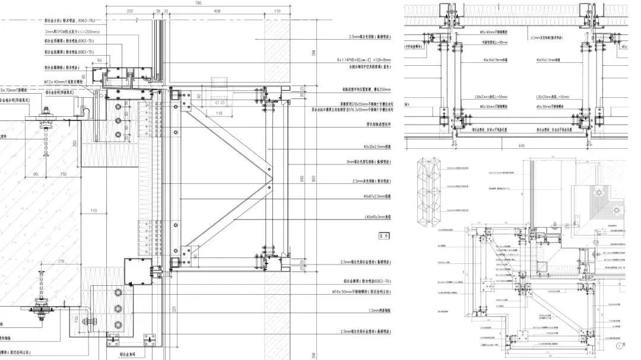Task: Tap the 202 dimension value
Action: pos(131,11)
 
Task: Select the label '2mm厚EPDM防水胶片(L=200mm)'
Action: pos(70,31)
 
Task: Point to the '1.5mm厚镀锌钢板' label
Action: pos(376,310)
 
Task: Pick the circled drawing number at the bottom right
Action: pos(620,343)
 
